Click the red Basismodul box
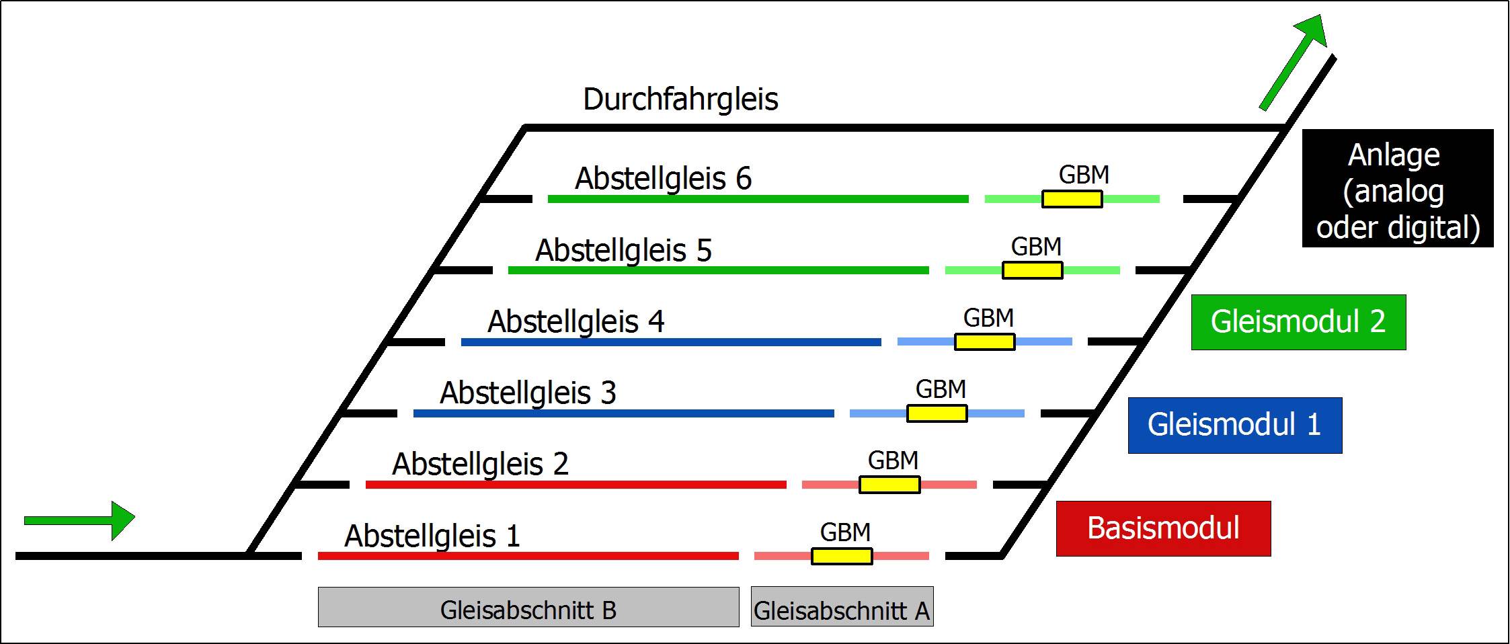[x=1163, y=528]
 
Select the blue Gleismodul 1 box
[x=1234, y=425]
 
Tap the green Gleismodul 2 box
[x=1298, y=322]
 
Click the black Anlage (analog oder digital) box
[x=1398, y=188]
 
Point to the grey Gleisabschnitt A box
[x=842, y=607]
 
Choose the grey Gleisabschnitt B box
[x=528, y=607]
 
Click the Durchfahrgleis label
[x=680, y=99]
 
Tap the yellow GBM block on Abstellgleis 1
[x=842, y=556]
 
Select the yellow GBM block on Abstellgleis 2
[x=889, y=485]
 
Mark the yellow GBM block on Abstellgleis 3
[x=937, y=413]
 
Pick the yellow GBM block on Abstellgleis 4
[x=985, y=341]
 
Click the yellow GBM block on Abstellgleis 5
[x=1033, y=270]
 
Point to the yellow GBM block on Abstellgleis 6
[x=1072, y=199]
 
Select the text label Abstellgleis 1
[x=432, y=536]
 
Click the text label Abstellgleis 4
[x=575, y=321]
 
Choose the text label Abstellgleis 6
[x=663, y=179]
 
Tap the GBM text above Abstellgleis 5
[x=1036, y=247]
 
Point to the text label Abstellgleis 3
[x=528, y=393]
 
